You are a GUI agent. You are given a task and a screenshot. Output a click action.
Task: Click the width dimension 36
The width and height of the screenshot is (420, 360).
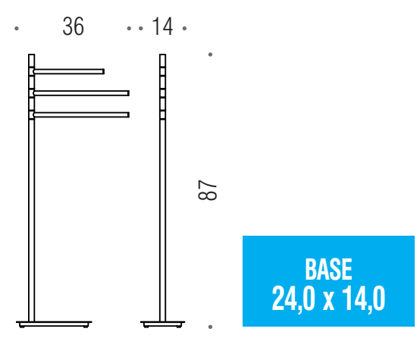[x=74, y=27]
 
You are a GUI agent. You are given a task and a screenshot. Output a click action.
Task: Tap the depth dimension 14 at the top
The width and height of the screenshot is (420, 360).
[x=162, y=27]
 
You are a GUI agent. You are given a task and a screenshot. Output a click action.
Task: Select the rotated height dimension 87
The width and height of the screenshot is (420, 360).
[x=208, y=190]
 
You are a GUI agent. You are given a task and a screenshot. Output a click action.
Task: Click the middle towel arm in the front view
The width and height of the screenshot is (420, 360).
[x=81, y=93]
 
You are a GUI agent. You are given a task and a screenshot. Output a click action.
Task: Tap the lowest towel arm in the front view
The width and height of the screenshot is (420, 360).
[x=81, y=115]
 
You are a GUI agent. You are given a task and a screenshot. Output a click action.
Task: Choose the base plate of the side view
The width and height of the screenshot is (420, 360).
[x=162, y=324]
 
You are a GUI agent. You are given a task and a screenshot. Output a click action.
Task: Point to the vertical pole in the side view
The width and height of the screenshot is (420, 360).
[x=162, y=212]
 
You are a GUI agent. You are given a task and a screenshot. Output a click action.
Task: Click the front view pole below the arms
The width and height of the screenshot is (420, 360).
[x=32, y=220]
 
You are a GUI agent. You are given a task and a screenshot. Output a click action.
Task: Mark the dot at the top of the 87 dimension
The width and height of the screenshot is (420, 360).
[x=209, y=54]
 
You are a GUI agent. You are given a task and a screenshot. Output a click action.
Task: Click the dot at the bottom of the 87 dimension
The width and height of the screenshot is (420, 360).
[x=209, y=327]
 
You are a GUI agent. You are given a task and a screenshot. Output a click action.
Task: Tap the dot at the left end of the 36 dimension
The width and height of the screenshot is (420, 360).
[x=17, y=29]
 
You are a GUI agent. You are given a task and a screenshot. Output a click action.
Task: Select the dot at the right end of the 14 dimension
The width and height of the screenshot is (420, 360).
[x=184, y=29]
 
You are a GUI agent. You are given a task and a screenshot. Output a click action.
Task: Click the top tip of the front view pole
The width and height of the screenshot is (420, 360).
[x=32, y=55]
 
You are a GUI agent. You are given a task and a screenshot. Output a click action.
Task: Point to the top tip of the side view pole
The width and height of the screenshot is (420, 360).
[x=162, y=55]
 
